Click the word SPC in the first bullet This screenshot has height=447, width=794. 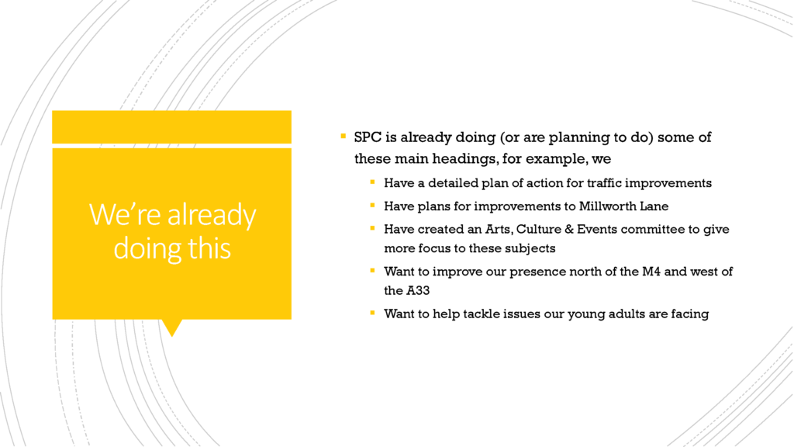(368, 137)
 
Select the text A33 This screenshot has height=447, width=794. (418, 291)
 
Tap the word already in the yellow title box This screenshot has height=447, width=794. (212, 215)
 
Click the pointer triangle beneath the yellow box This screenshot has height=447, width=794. (172, 327)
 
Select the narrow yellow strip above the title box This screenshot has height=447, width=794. (171, 126)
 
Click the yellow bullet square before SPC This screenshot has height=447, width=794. (343, 136)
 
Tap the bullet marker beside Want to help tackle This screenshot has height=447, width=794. (373, 313)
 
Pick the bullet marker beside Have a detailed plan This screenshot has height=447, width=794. (373, 182)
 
